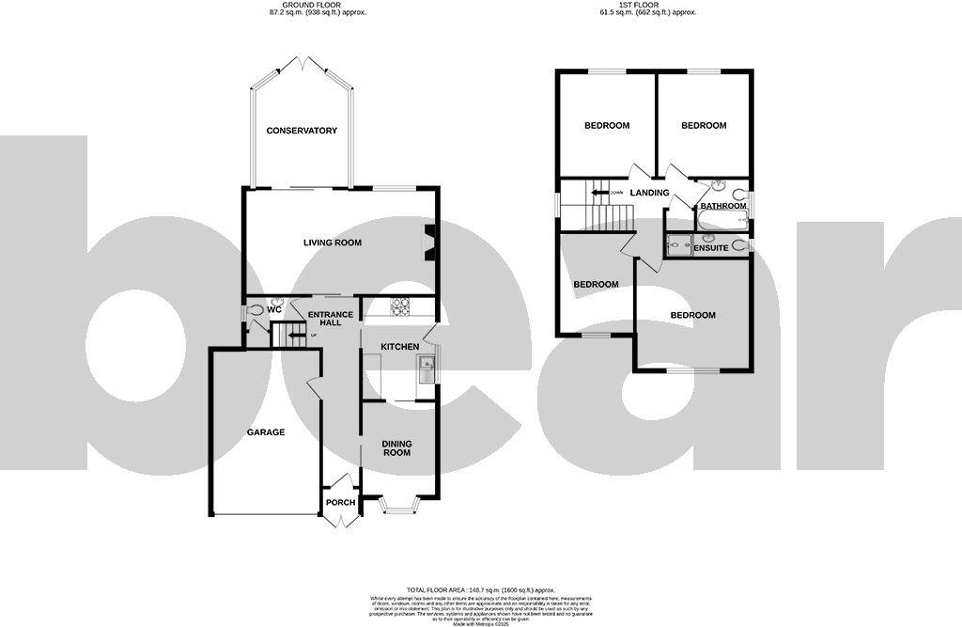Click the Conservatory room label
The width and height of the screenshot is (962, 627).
(301, 131)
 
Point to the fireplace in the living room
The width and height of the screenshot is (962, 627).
(429, 241)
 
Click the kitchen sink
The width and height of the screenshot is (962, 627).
(428, 369)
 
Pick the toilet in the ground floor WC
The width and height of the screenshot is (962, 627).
(256, 309)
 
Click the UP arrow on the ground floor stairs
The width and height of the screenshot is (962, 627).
(294, 334)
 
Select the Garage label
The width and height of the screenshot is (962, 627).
(266, 432)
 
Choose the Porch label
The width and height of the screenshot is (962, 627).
(340, 502)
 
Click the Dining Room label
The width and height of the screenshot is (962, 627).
(396, 447)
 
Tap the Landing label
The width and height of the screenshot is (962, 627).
(649, 193)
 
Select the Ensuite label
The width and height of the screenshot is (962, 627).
(711, 248)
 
